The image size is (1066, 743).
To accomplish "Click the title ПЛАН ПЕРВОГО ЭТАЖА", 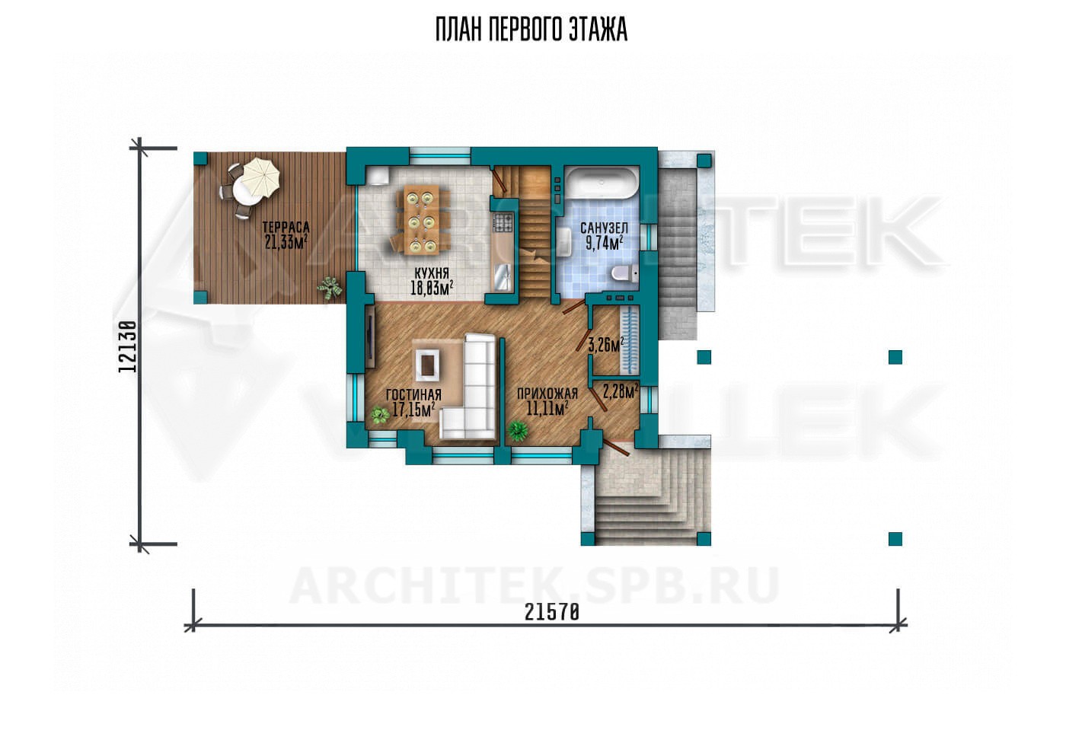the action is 531,30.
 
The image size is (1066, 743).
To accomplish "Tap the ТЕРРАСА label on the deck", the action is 286,228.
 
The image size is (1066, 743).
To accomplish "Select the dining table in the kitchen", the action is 420,219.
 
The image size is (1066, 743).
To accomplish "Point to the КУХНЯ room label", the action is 432,273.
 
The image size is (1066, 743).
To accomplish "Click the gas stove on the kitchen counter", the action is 503,222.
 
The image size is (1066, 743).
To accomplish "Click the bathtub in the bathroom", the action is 601,183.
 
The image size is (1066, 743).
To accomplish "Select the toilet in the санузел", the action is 624,273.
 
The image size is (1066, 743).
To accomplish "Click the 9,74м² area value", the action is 604,244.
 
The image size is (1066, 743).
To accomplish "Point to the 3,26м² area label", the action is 606,345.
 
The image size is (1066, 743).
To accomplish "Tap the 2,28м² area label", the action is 621,392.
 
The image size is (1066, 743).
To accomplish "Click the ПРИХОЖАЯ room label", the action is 547,394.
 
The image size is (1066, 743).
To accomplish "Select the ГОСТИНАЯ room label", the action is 413,395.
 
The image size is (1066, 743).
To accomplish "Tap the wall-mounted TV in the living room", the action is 369,336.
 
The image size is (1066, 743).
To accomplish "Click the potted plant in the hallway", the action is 518,431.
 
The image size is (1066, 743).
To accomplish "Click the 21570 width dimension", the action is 551,612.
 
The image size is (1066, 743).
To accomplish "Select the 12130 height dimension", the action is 128,347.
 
